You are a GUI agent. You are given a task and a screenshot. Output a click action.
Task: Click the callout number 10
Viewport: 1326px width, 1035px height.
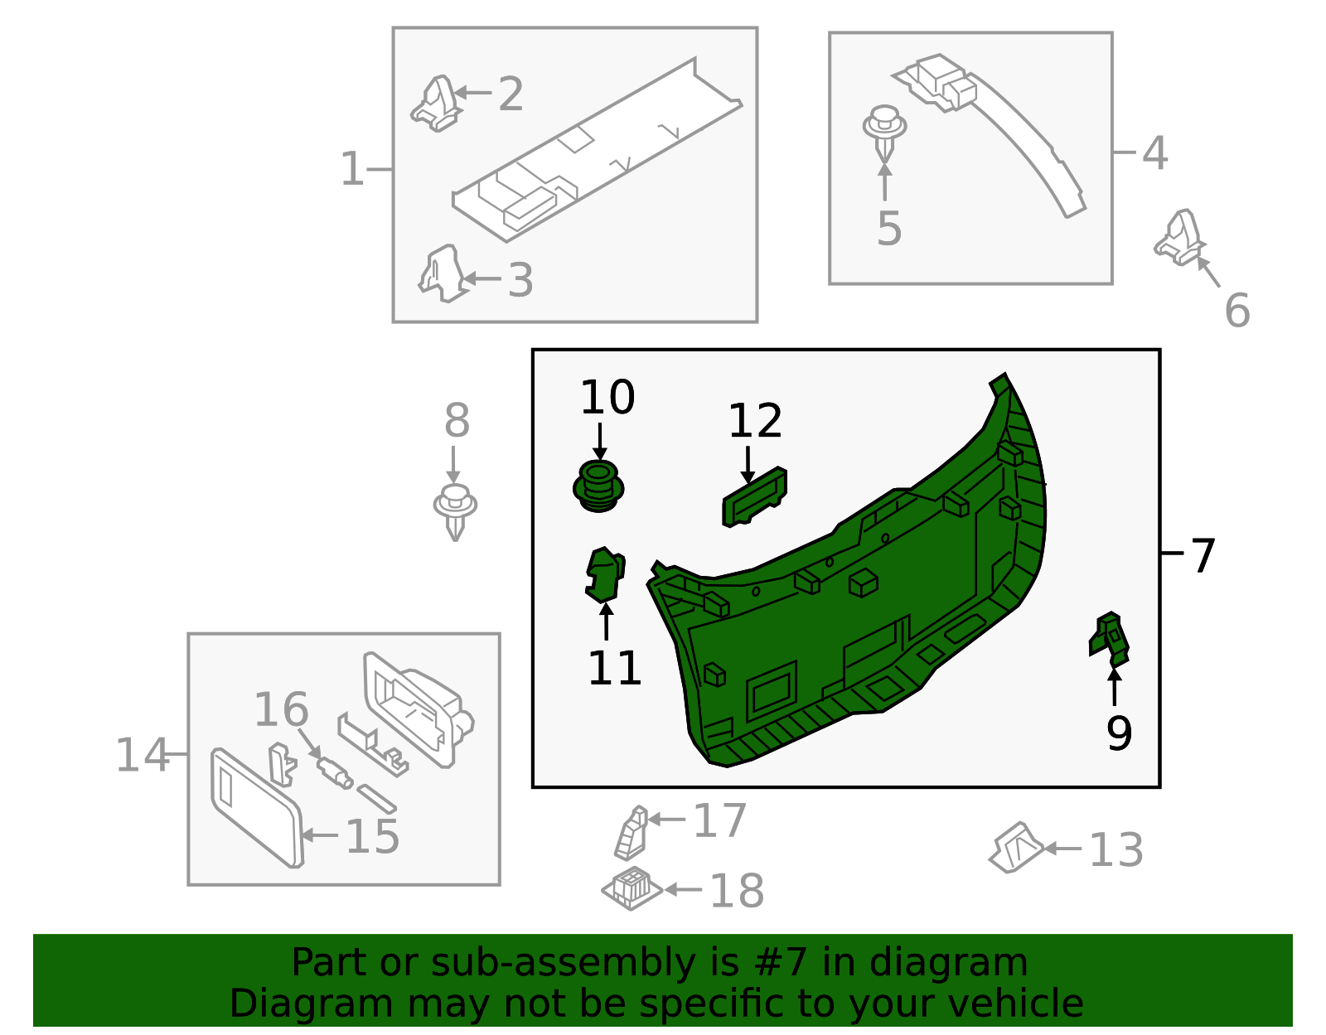click(x=607, y=398)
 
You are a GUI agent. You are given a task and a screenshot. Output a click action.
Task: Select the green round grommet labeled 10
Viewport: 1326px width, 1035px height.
click(x=598, y=486)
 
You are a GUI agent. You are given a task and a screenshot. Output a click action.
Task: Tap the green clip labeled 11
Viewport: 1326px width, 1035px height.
click(x=604, y=574)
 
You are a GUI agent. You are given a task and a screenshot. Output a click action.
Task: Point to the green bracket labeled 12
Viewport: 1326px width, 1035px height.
click(x=754, y=496)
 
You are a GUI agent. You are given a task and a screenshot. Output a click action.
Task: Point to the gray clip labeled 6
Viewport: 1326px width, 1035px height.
click(x=1180, y=238)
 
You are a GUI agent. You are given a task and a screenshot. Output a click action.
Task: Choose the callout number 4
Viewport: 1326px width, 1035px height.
click(x=1154, y=153)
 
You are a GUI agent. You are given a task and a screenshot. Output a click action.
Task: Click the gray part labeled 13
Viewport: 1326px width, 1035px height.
click(x=1015, y=847)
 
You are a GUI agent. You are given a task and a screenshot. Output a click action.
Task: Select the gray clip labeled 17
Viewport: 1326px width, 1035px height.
click(x=632, y=833)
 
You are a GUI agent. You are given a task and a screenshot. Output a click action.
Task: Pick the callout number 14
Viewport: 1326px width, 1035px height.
click(x=142, y=755)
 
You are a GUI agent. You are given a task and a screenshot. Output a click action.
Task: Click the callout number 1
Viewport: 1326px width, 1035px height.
click(x=352, y=169)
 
